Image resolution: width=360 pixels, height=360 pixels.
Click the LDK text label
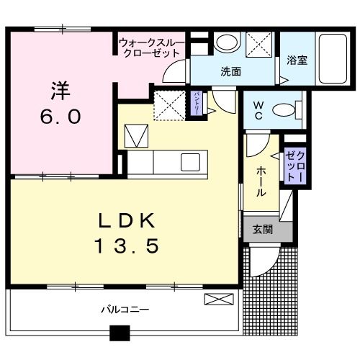pos(126,219)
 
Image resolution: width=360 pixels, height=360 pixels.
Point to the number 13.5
pos(126,246)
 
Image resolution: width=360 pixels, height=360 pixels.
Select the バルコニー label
pos(125,310)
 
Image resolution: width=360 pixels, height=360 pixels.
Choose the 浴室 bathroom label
pos(297,60)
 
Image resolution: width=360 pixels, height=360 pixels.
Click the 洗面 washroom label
pos(230,72)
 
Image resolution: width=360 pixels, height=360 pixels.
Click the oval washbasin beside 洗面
pos(226,42)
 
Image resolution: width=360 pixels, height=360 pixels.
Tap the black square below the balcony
pos(118,333)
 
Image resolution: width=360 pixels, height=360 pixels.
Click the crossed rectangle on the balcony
pos(215,300)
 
